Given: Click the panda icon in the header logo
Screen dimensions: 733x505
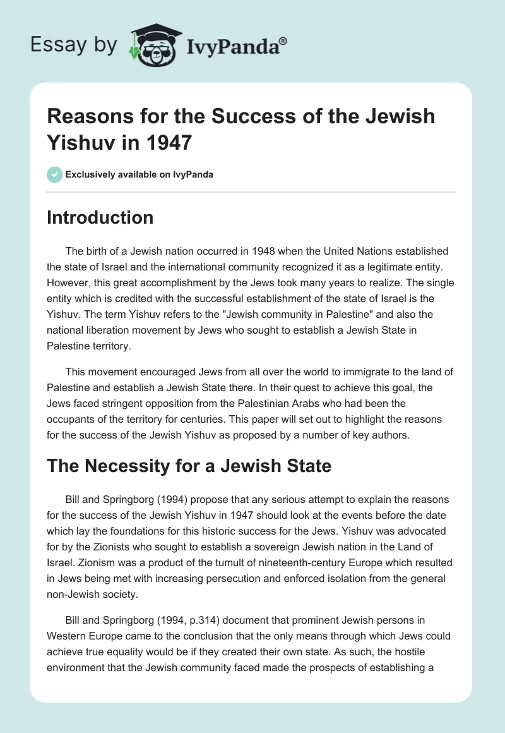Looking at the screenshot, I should [150, 44].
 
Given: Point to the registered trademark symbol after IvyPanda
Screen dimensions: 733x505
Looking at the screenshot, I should [283, 40].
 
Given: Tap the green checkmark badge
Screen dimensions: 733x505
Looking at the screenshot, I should [54, 174].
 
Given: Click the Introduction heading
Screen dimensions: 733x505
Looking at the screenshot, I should [100, 217].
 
